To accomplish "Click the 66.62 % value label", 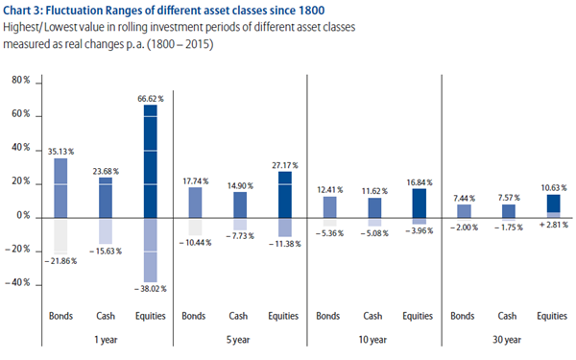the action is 151,99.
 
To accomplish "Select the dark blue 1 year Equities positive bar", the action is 151,161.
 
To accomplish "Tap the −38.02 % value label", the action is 151,289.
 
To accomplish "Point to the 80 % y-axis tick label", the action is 21,80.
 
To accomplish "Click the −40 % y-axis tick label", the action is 17,282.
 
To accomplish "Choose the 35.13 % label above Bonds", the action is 60,152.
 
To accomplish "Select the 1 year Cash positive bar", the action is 106,198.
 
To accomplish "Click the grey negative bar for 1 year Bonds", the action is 60,236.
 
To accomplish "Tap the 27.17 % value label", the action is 285,165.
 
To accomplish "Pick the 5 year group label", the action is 238,340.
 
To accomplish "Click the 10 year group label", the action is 372,340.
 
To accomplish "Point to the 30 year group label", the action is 507,340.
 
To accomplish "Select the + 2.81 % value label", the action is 553,225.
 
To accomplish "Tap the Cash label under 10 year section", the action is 372,316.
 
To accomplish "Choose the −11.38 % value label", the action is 285,244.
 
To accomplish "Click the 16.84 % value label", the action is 420,182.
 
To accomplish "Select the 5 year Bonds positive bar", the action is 195,203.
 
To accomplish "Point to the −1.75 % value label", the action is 509,228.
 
